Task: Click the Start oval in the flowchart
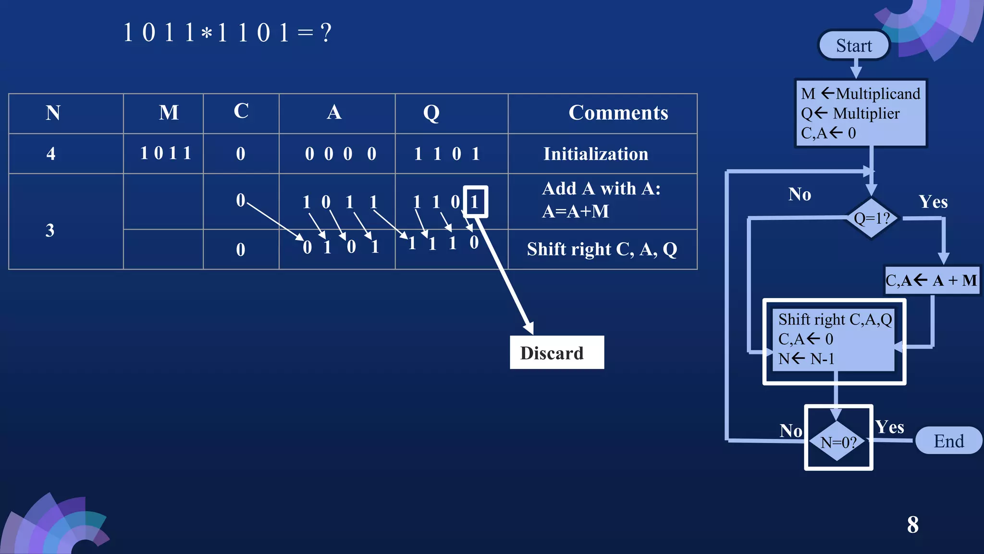(854, 46)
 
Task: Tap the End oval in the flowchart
(948, 441)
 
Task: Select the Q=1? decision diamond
(872, 219)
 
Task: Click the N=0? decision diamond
(838, 441)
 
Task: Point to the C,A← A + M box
(931, 280)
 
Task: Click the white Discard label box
(556, 353)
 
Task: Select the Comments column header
(618, 113)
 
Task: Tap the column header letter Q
(431, 113)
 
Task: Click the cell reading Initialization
(595, 154)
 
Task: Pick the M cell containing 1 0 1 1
(165, 153)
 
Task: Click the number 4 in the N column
(51, 154)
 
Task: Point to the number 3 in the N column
(50, 230)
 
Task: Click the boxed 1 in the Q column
(475, 202)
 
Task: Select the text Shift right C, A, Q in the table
(602, 249)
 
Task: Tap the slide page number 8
(912, 525)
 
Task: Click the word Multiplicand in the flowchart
(877, 93)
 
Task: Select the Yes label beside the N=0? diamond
(889, 427)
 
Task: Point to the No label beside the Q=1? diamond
(799, 194)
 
